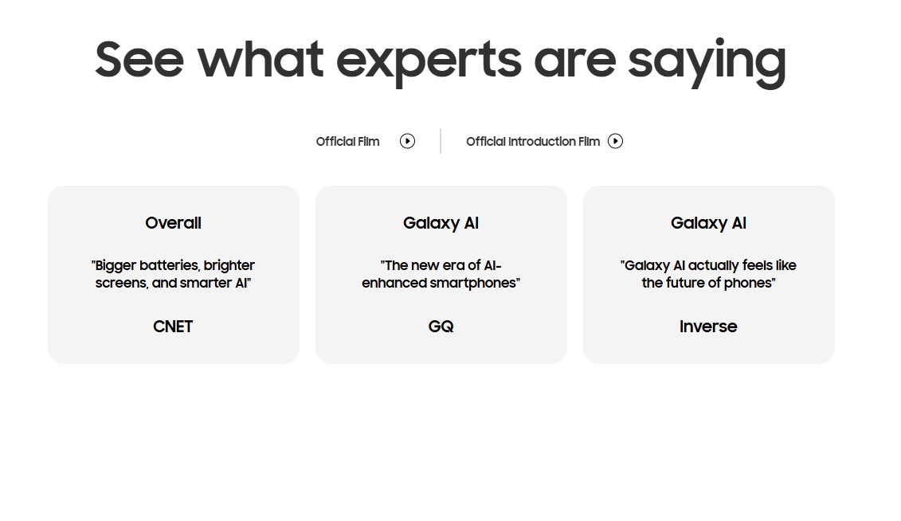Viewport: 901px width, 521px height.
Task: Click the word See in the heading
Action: coord(139,59)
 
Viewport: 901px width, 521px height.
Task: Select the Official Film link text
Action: coord(347,141)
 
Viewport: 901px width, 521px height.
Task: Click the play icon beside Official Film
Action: coord(407,141)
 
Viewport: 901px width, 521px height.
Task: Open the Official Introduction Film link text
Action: coord(533,141)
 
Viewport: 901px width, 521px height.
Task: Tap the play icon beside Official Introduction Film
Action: coord(616,141)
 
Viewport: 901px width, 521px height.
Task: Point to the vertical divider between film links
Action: coord(441,141)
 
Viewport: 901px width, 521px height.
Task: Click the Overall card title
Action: coord(173,223)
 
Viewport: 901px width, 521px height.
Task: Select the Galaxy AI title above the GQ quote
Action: coord(441,223)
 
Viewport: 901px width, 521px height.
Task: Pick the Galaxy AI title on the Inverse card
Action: coord(708,223)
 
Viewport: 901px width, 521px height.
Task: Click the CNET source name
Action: coord(173,327)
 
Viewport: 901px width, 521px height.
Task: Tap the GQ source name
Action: coord(441,327)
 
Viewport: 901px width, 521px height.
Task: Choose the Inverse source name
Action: coord(708,327)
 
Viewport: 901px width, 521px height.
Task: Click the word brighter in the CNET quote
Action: coord(229,265)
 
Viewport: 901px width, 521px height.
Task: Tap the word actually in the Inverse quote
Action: coord(713,265)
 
